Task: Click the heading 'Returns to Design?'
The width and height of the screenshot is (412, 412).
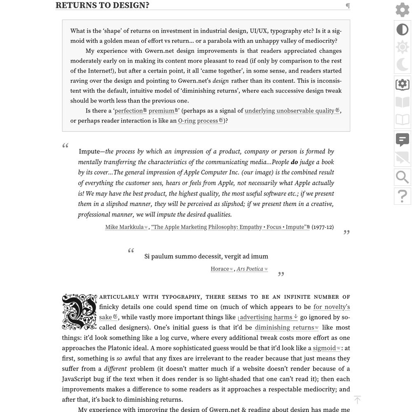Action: pyautogui.click(x=102, y=5)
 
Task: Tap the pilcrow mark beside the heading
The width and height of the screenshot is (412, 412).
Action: pyautogui.click(x=348, y=6)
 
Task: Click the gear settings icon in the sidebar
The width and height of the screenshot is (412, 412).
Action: pyautogui.click(x=403, y=10)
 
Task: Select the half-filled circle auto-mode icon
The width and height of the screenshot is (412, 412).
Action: pyautogui.click(x=403, y=30)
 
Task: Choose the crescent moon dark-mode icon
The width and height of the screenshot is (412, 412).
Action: pyautogui.click(x=403, y=65)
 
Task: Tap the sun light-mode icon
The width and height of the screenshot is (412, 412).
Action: pyautogui.click(x=403, y=47)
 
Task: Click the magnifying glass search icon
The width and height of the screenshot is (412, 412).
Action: pyautogui.click(x=403, y=177)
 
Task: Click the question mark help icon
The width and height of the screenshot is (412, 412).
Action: pyautogui.click(x=403, y=196)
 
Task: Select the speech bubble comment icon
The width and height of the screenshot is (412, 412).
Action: pyautogui.click(x=403, y=140)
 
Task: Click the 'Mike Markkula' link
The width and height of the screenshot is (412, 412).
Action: pyautogui.click(x=124, y=227)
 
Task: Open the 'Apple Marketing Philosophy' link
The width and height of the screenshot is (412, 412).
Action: pyautogui.click(x=229, y=227)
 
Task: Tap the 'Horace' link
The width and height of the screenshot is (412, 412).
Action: pyautogui.click(x=220, y=269)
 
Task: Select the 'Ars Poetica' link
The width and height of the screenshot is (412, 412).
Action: pyautogui.click(x=250, y=269)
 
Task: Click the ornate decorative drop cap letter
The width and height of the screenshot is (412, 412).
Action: pyautogui.click(x=80, y=312)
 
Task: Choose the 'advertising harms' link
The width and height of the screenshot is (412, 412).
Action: pyautogui.click(x=266, y=317)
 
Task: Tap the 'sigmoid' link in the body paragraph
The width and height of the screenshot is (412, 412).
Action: pyautogui.click(x=324, y=348)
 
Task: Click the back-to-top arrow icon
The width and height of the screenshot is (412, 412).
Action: pyautogui.click(x=357, y=400)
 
